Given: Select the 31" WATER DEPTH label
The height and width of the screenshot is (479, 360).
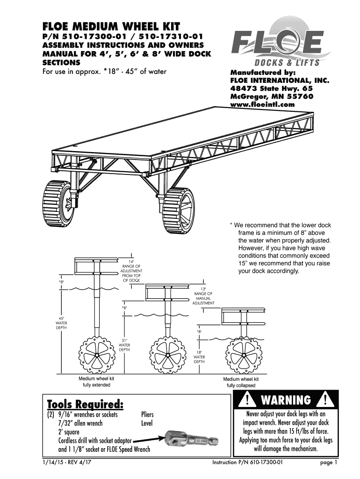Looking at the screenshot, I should [124, 345].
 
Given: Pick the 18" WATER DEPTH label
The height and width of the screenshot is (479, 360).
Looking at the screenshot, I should [200, 357].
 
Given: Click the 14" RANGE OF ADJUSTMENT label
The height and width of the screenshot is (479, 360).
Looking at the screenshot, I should [131, 270].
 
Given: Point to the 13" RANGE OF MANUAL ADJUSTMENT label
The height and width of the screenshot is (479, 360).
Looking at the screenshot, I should [203, 296].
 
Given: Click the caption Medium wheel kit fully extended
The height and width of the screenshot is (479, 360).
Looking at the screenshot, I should [96, 382].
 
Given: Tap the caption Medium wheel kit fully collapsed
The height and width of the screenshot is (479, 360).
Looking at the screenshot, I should [241, 382].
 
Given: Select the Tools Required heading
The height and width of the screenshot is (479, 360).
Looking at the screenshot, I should [86, 404].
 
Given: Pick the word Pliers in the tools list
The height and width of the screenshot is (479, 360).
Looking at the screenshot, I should [147, 415].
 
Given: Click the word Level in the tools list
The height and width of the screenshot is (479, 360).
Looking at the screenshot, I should [147, 423].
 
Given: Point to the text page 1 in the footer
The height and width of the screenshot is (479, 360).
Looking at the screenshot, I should [328, 464].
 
